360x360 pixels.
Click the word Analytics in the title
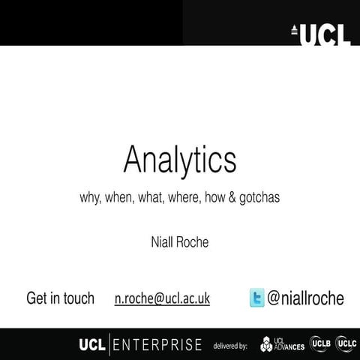[180, 160]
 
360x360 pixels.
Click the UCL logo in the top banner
[321, 33]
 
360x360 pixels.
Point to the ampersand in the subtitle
[230, 199]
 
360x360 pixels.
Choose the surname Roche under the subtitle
[193, 242]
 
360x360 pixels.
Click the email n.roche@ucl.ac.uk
[162, 298]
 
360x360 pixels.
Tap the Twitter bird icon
[257, 298]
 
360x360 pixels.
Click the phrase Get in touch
[60, 298]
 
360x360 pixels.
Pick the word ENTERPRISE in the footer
[158, 345]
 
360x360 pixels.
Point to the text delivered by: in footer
[230, 346]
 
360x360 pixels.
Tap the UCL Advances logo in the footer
[282, 344]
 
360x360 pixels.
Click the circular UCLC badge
[346, 343]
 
